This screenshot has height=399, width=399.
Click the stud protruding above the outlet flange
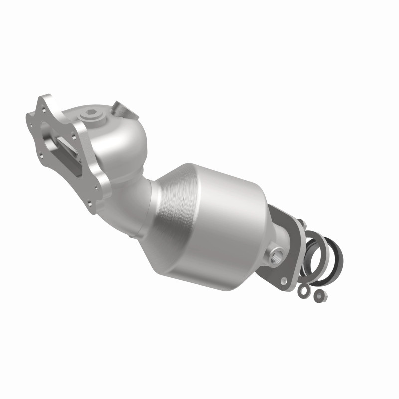click(303, 222)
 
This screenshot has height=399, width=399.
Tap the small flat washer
click(303, 290)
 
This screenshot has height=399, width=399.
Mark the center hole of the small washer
click(303, 290)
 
